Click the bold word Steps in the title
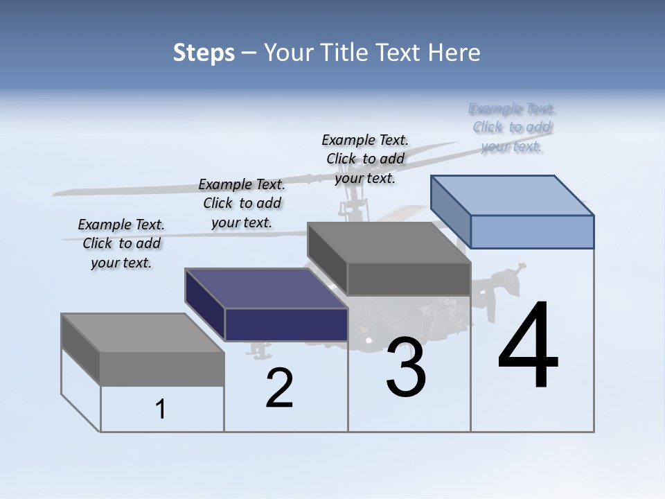point(204,53)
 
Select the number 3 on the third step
point(406,367)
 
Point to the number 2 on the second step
point(279,388)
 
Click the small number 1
point(161,410)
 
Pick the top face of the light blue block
point(513,195)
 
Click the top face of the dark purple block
point(267,288)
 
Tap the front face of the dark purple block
point(286,324)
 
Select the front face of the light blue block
point(532,231)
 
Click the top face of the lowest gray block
point(143,333)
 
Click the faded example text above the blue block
point(512,128)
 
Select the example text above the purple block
point(242,203)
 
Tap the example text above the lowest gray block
point(121,243)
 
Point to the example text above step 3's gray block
point(365,159)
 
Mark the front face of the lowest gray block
point(162,369)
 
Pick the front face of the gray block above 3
point(409,279)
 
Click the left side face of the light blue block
point(450,211)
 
